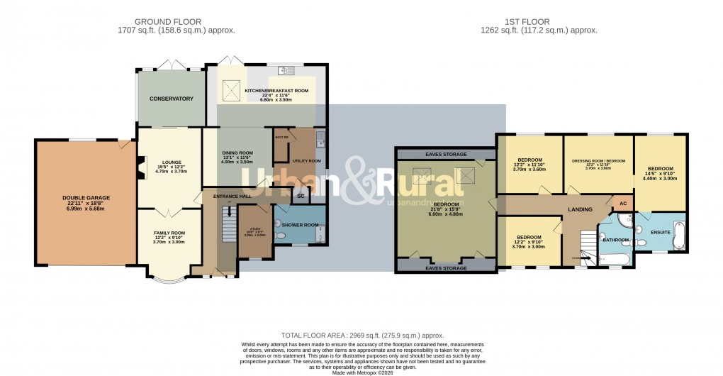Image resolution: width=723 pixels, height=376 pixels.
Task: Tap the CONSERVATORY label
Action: (167, 99)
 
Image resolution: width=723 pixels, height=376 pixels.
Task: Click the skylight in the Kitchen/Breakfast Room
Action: (231, 90)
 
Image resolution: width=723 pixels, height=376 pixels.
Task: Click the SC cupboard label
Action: (300, 195)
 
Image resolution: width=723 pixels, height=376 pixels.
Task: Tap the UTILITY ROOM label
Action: (306, 161)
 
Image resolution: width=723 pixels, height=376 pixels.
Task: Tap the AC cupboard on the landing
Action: (623, 203)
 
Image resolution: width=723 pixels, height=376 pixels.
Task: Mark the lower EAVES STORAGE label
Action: (445, 268)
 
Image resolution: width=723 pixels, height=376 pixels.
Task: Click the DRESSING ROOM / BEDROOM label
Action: (598, 161)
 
